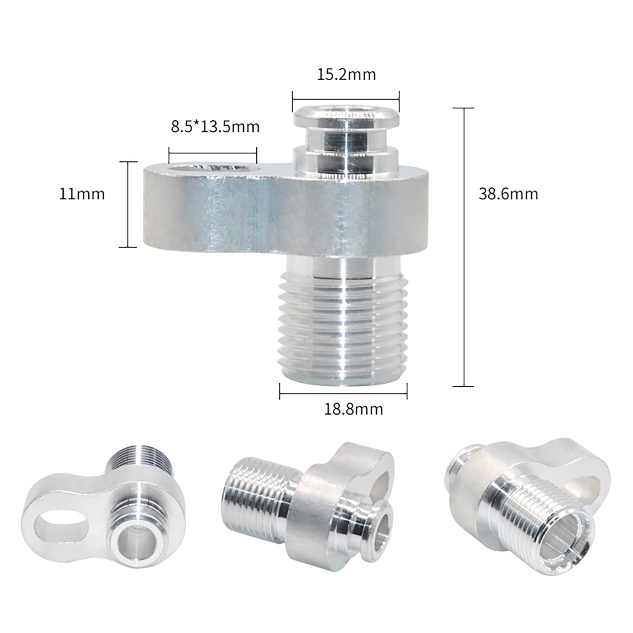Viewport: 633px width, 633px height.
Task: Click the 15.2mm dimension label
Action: [x=346, y=74]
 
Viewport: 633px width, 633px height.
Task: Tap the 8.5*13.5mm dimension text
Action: [x=215, y=127]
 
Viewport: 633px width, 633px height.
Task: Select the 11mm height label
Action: [x=82, y=194]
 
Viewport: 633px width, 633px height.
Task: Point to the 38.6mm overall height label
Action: [x=508, y=194]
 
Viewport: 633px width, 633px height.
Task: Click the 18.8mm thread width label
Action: [x=354, y=409]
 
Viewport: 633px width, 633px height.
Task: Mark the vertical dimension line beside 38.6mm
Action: [x=463, y=247]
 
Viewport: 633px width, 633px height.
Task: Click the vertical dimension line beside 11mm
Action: [x=128, y=205]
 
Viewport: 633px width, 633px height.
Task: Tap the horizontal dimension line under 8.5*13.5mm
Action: [x=213, y=153]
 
